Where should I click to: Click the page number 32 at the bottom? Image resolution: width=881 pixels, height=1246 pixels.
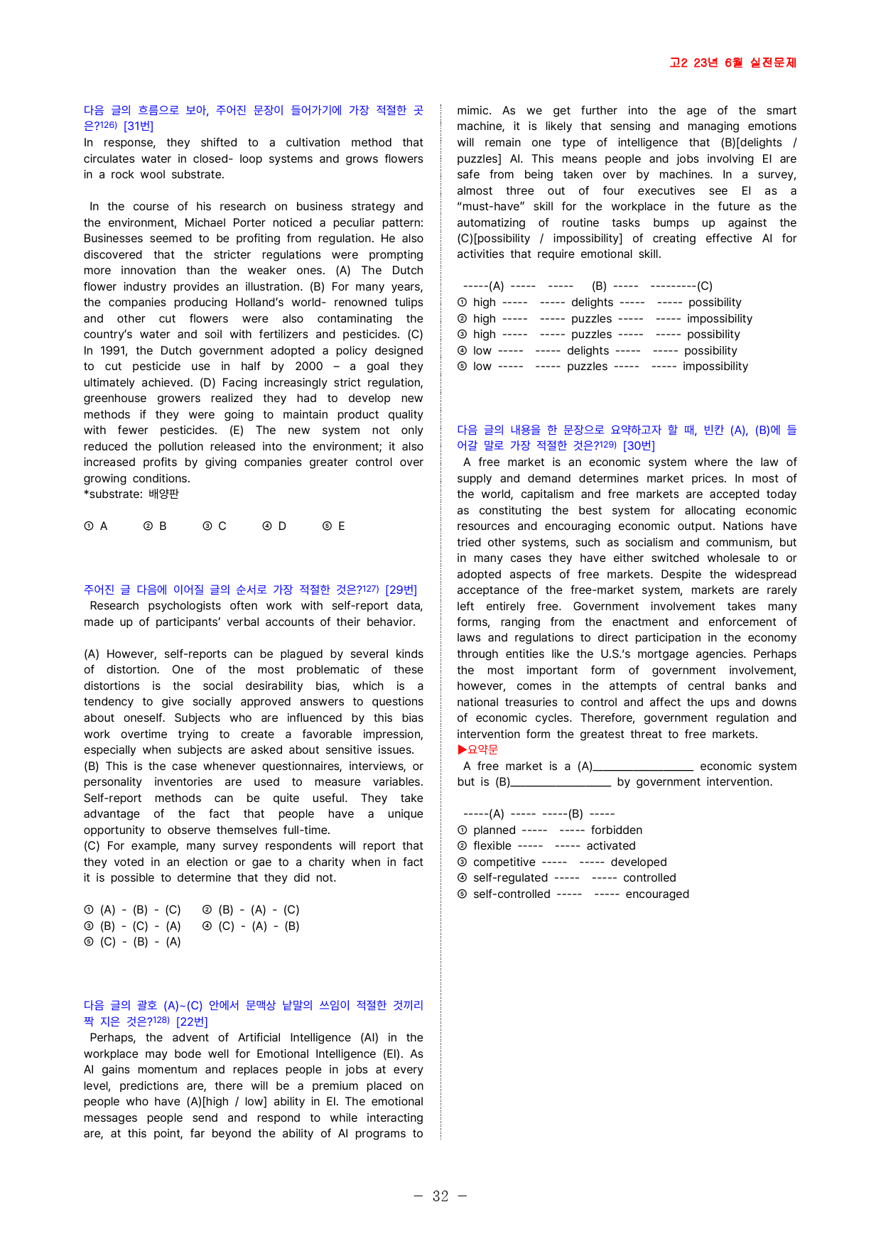click(440, 1196)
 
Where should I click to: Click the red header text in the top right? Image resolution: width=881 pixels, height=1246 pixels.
click(733, 63)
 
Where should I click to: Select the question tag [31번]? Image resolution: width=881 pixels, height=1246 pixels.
click(139, 126)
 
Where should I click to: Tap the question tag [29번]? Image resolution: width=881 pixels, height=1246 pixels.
click(401, 590)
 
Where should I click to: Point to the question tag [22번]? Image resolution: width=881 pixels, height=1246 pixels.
click(192, 1022)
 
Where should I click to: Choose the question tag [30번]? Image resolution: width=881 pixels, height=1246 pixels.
click(639, 446)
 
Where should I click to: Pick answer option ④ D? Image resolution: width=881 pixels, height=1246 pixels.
click(275, 526)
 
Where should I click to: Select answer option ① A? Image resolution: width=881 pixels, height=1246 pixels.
click(96, 526)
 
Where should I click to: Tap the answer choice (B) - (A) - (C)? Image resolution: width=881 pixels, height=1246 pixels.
click(251, 910)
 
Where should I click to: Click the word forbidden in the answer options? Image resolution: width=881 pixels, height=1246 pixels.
click(616, 830)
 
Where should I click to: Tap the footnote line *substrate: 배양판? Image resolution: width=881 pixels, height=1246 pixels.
click(131, 494)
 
